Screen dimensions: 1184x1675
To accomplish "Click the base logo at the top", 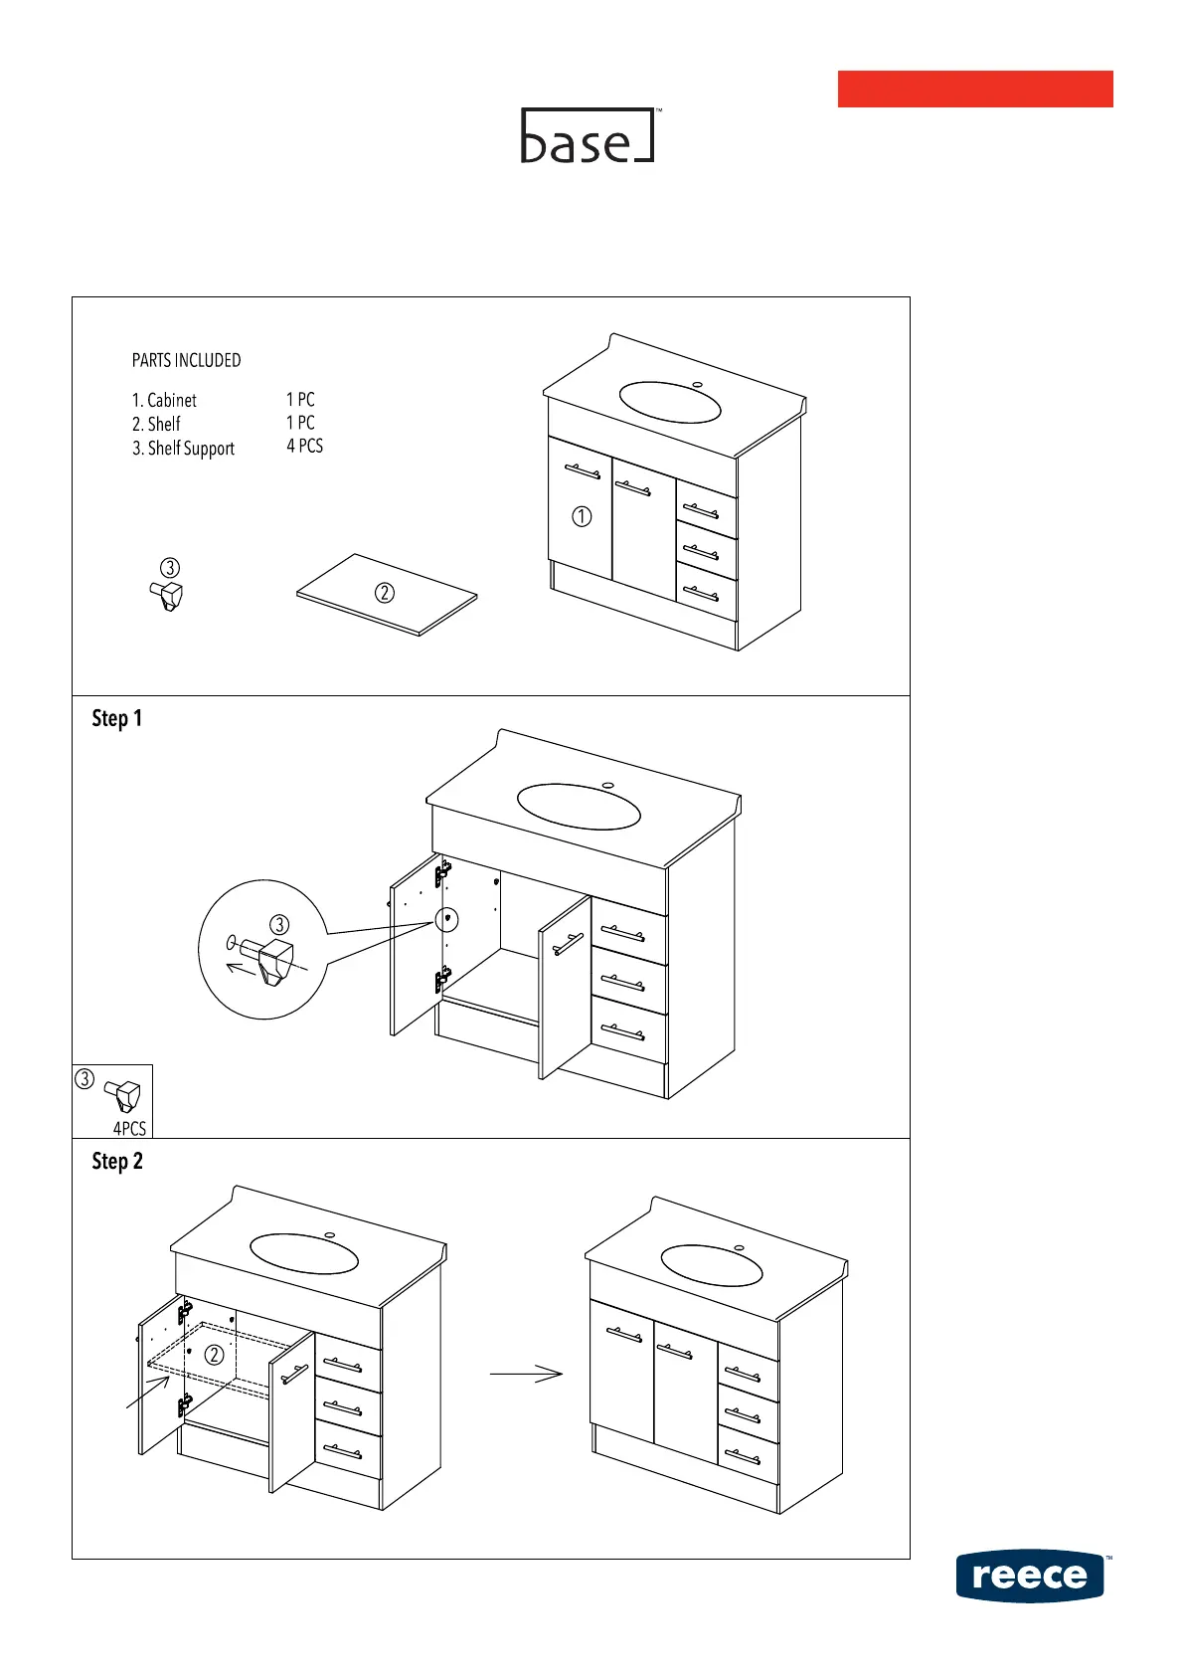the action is [x=589, y=136].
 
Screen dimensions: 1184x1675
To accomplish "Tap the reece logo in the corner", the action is [x=1031, y=1576].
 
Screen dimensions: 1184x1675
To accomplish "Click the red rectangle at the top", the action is [x=974, y=89].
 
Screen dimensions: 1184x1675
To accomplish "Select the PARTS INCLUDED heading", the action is [x=186, y=360].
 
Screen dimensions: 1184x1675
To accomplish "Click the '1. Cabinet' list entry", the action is [x=164, y=400].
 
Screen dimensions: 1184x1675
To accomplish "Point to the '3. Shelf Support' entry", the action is [x=183, y=449].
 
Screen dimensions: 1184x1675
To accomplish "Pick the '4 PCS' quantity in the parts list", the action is [x=304, y=447].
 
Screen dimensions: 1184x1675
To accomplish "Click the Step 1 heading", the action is [x=117, y=718].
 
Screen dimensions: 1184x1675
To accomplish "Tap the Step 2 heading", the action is [x=117, y=1161].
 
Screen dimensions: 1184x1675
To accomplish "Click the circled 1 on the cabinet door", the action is [x=582, y=516].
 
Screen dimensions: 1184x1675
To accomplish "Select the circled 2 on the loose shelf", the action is [x=385, y=593].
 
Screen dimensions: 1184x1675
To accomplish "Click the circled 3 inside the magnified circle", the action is [x=279, y=925].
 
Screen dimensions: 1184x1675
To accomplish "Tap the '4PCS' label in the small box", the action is [x=129, y=1129].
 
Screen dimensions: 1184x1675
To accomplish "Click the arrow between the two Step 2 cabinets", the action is [x=526, y=1374].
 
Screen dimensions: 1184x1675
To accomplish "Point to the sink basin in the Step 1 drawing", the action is [x=579, y=807].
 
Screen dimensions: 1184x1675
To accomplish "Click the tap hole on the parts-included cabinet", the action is [x=697, y=384].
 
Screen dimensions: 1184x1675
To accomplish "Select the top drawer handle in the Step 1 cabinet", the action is [x=623, y=933].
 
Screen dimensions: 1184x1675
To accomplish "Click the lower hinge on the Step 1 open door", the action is [x=443, y=981].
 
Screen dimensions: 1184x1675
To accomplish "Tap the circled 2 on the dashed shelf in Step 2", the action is [x=214, y=1355].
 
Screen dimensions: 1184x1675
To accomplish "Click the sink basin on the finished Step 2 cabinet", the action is [x=711, y=1265].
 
